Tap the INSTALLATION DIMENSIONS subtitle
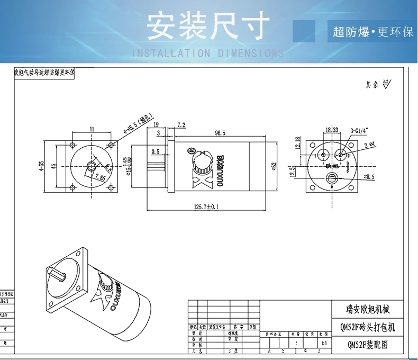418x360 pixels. point(207,53)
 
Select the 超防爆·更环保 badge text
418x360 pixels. point(372,32)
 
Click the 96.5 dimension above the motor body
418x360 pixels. point(219,132)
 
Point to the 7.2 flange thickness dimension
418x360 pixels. point(180,125)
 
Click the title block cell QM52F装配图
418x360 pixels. point(368,344)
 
